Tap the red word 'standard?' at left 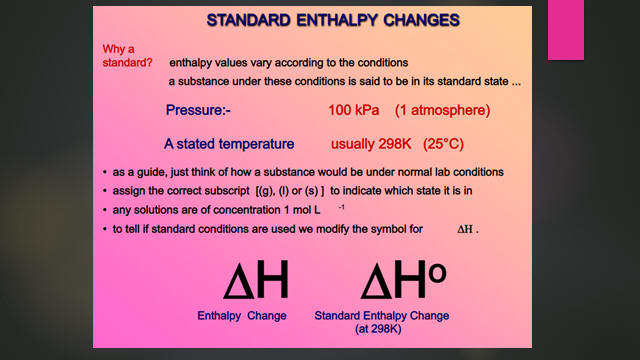pos(127,63)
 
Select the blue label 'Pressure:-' pos(198,110)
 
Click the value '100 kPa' pos(353,110)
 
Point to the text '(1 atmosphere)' pos(442,110)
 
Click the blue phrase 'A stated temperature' pos(229,144)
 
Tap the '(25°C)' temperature pos(443,144)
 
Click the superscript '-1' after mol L pos(341,207)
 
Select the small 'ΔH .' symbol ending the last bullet pos(468,229)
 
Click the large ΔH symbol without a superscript pos(256,280)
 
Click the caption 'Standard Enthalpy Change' pos(382,316)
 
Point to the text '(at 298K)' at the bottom pos(378,329)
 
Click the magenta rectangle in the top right pos(566,30)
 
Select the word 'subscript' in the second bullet pos(227,191)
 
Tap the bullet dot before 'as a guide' pos(105,173)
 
